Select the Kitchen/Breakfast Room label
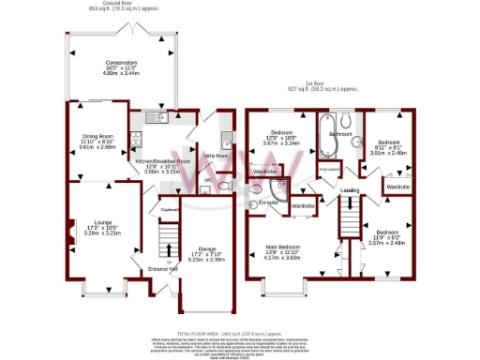pyautogui.click(x=163, y=167)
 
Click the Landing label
pyautogui.click(x=349, y=191)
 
